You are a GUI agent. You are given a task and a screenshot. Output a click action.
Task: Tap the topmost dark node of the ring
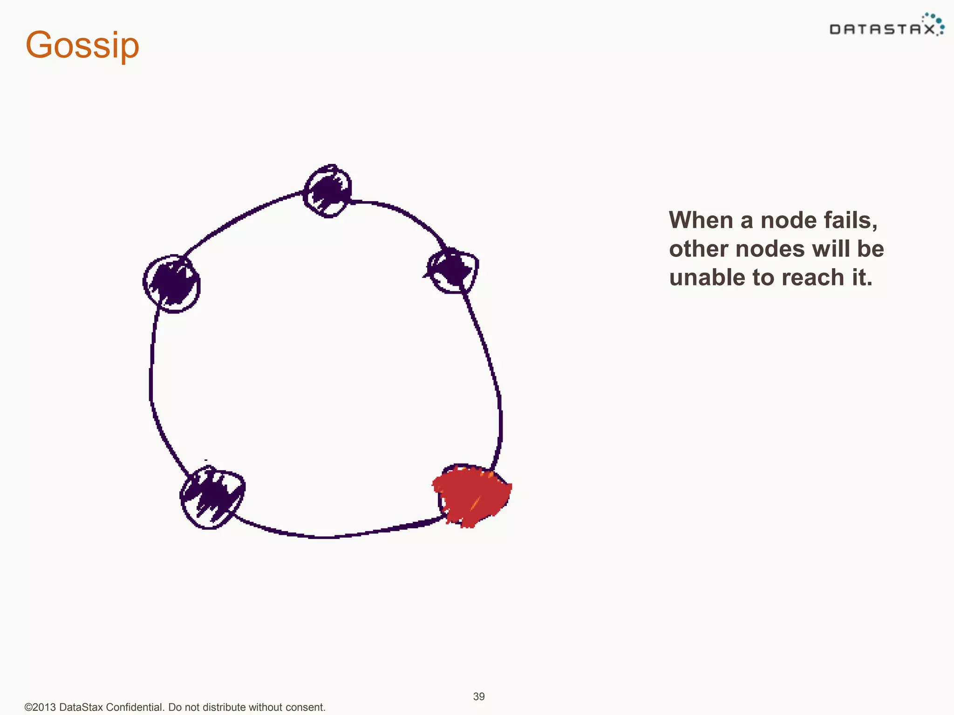[x=327, y=191]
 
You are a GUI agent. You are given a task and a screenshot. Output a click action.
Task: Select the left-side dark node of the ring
[x=172, y=283]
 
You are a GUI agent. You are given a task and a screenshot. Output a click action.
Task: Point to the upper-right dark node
[x=452, y=270]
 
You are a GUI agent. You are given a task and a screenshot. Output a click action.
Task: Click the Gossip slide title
[x=82, y=45]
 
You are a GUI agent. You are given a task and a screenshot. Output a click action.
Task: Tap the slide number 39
[x=479, y=696]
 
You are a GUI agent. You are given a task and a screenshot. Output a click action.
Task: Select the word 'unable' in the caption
[x=707, y=277]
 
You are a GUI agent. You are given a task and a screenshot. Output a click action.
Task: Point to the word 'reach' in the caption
[x=812, y=277]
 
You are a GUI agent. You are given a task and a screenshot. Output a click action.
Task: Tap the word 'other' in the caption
[x=699, y=249]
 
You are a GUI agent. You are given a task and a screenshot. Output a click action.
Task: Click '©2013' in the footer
[x=41, y=707]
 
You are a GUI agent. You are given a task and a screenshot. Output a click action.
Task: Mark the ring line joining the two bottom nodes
[x=326, y=537]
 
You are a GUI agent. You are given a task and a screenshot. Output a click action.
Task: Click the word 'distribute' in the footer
[x=224, y=707]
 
